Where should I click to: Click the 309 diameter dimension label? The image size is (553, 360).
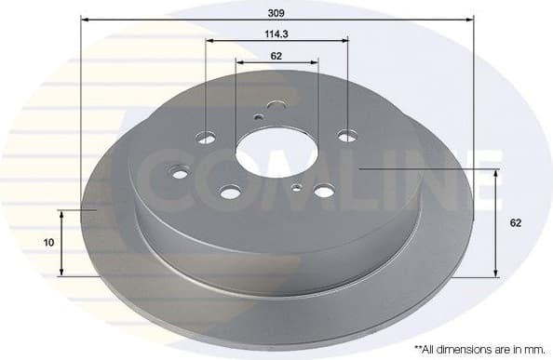(276, 13)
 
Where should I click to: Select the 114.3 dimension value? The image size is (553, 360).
(276, 34)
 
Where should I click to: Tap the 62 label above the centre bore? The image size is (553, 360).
(276, 56)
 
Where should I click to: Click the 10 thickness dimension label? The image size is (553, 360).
(48, 242)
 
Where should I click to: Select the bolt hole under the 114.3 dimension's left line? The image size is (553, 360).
(206, 139)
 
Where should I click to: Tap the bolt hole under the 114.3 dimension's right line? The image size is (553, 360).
(346, 136)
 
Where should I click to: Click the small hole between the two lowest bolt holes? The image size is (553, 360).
(296, 188)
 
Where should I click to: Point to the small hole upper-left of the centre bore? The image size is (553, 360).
(259, 117)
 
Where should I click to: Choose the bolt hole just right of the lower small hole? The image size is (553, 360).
(323, 191)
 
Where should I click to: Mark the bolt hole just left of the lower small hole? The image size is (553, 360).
(230, 192)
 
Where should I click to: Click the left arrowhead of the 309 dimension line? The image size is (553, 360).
(85, 20)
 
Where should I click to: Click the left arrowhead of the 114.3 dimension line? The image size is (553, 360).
(209, 41)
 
